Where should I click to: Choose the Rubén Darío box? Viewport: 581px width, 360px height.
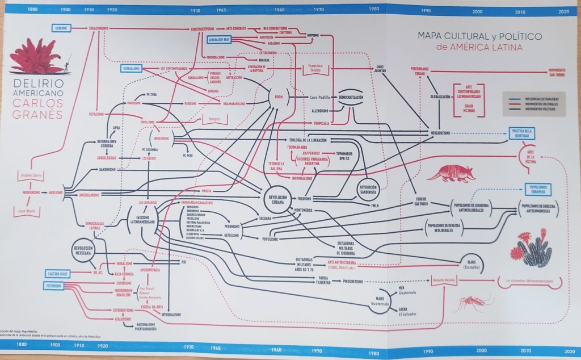(30, 174)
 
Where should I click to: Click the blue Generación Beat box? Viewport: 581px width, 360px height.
(218, 40)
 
